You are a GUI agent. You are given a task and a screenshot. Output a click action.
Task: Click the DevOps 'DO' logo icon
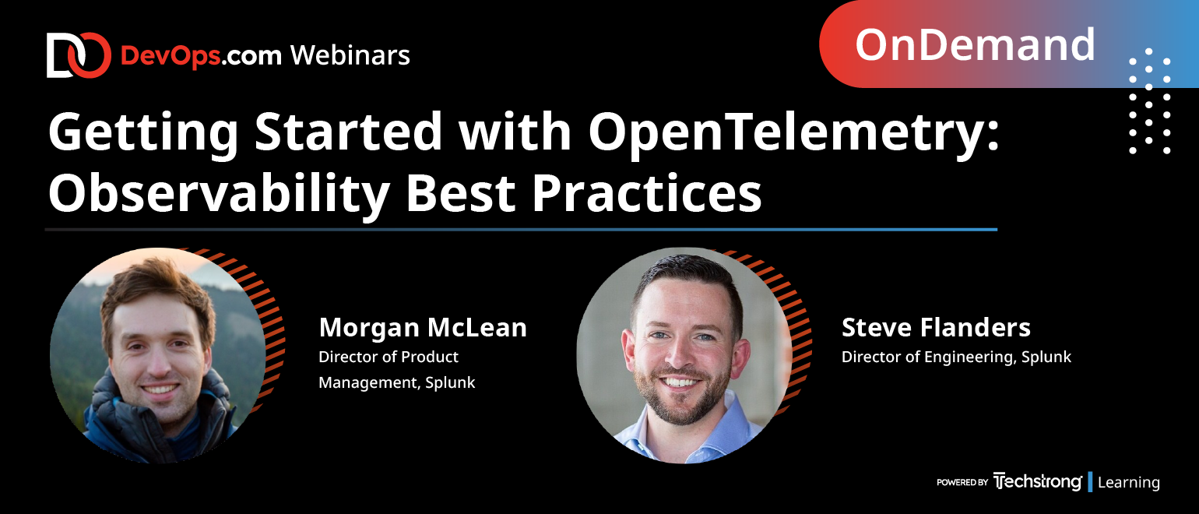tap(79, 55)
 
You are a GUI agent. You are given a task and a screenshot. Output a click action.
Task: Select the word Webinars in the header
tap(350, 55)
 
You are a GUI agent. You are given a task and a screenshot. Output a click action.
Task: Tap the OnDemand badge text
tap(975, 44)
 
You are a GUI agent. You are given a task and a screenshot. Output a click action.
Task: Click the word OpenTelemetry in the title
tap(794, 132)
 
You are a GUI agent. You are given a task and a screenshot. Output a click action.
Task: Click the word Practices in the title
tap(646, 193)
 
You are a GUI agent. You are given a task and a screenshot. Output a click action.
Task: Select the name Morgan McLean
tap(423, 327)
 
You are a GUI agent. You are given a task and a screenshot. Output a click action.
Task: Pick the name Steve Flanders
tap(936, 327)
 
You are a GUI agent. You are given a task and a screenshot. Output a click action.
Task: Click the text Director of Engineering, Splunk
tap(956, 357)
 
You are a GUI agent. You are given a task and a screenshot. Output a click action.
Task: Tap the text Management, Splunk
tap(396, 382)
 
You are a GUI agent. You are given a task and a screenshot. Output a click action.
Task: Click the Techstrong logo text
tap(1037, 481)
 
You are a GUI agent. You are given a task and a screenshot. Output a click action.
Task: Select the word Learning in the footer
tap(1128, 482)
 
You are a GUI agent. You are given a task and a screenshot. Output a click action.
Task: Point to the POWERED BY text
tap(962, 482)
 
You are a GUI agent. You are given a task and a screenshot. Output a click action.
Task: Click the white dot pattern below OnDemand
tap(1149, 101)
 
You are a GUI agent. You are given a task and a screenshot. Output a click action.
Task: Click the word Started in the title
tap(348, 132)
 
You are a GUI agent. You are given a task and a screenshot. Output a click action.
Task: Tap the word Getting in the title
tap(143, 134)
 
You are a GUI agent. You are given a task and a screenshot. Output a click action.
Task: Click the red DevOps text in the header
tap(171, 56)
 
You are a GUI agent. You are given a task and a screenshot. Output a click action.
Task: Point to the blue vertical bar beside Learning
tap(1090, 482)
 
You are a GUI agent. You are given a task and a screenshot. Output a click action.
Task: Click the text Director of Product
tap(388, 357)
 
